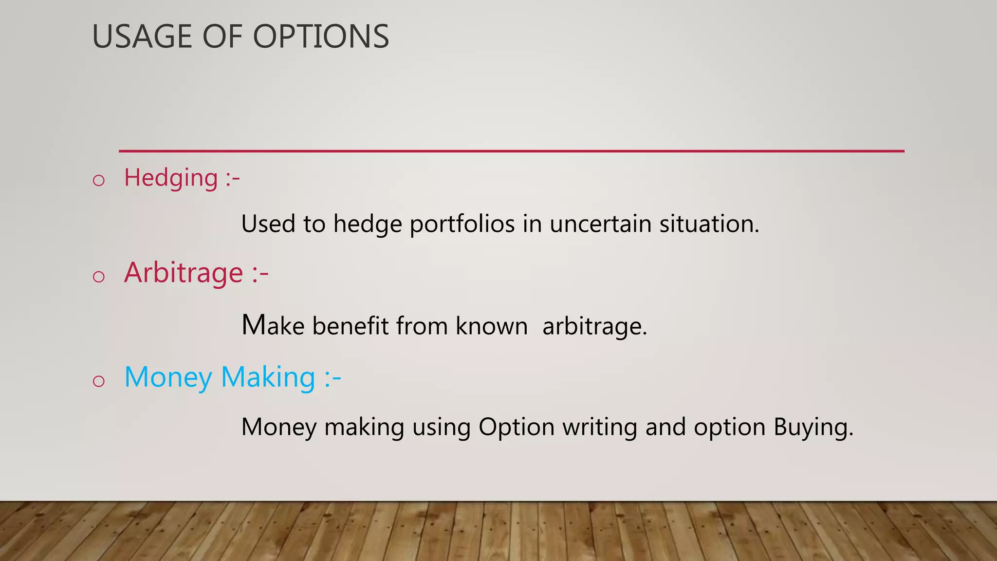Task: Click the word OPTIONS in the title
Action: coord(321,37)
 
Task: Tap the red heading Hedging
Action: coord(171,178)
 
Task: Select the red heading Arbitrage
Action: coord(184,273)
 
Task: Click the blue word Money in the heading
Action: coord(168,377)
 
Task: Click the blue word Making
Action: coord(268,377)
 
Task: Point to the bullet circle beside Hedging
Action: coord(99,181)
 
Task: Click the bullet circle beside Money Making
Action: coord(99,381)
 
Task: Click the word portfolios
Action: coord(462,224)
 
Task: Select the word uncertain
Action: coord(600,224)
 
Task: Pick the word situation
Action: coord(709,224)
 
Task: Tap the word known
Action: coord(492,326)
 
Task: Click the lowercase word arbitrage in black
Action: coord(594,327)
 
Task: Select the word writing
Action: coord(600,428)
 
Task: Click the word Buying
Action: coord(813,428)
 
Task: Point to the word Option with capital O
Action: coord(517,428)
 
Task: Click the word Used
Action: coord(268,224)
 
